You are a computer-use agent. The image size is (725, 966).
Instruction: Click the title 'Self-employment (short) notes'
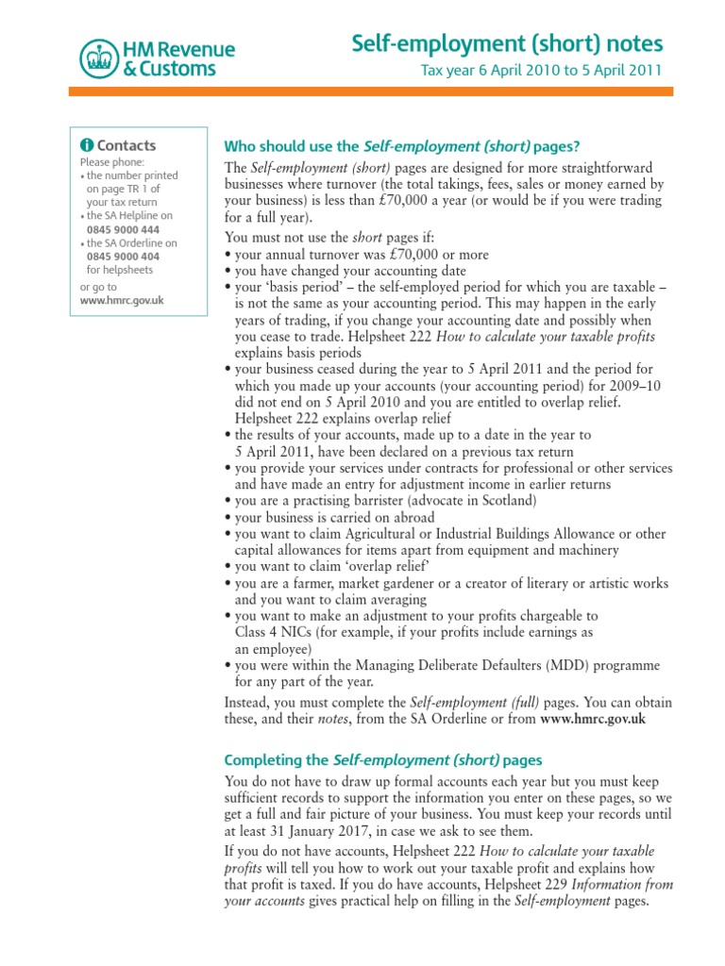507,43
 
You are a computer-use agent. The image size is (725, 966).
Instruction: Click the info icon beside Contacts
87,145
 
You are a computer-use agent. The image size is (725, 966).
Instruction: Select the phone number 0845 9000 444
123,229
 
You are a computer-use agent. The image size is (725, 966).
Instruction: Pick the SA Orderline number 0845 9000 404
123,256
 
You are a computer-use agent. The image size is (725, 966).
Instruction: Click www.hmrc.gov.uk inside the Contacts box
123,300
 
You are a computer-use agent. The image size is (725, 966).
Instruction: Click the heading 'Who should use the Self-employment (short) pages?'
401,146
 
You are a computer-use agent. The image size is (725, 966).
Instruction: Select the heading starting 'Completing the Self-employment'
382,759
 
